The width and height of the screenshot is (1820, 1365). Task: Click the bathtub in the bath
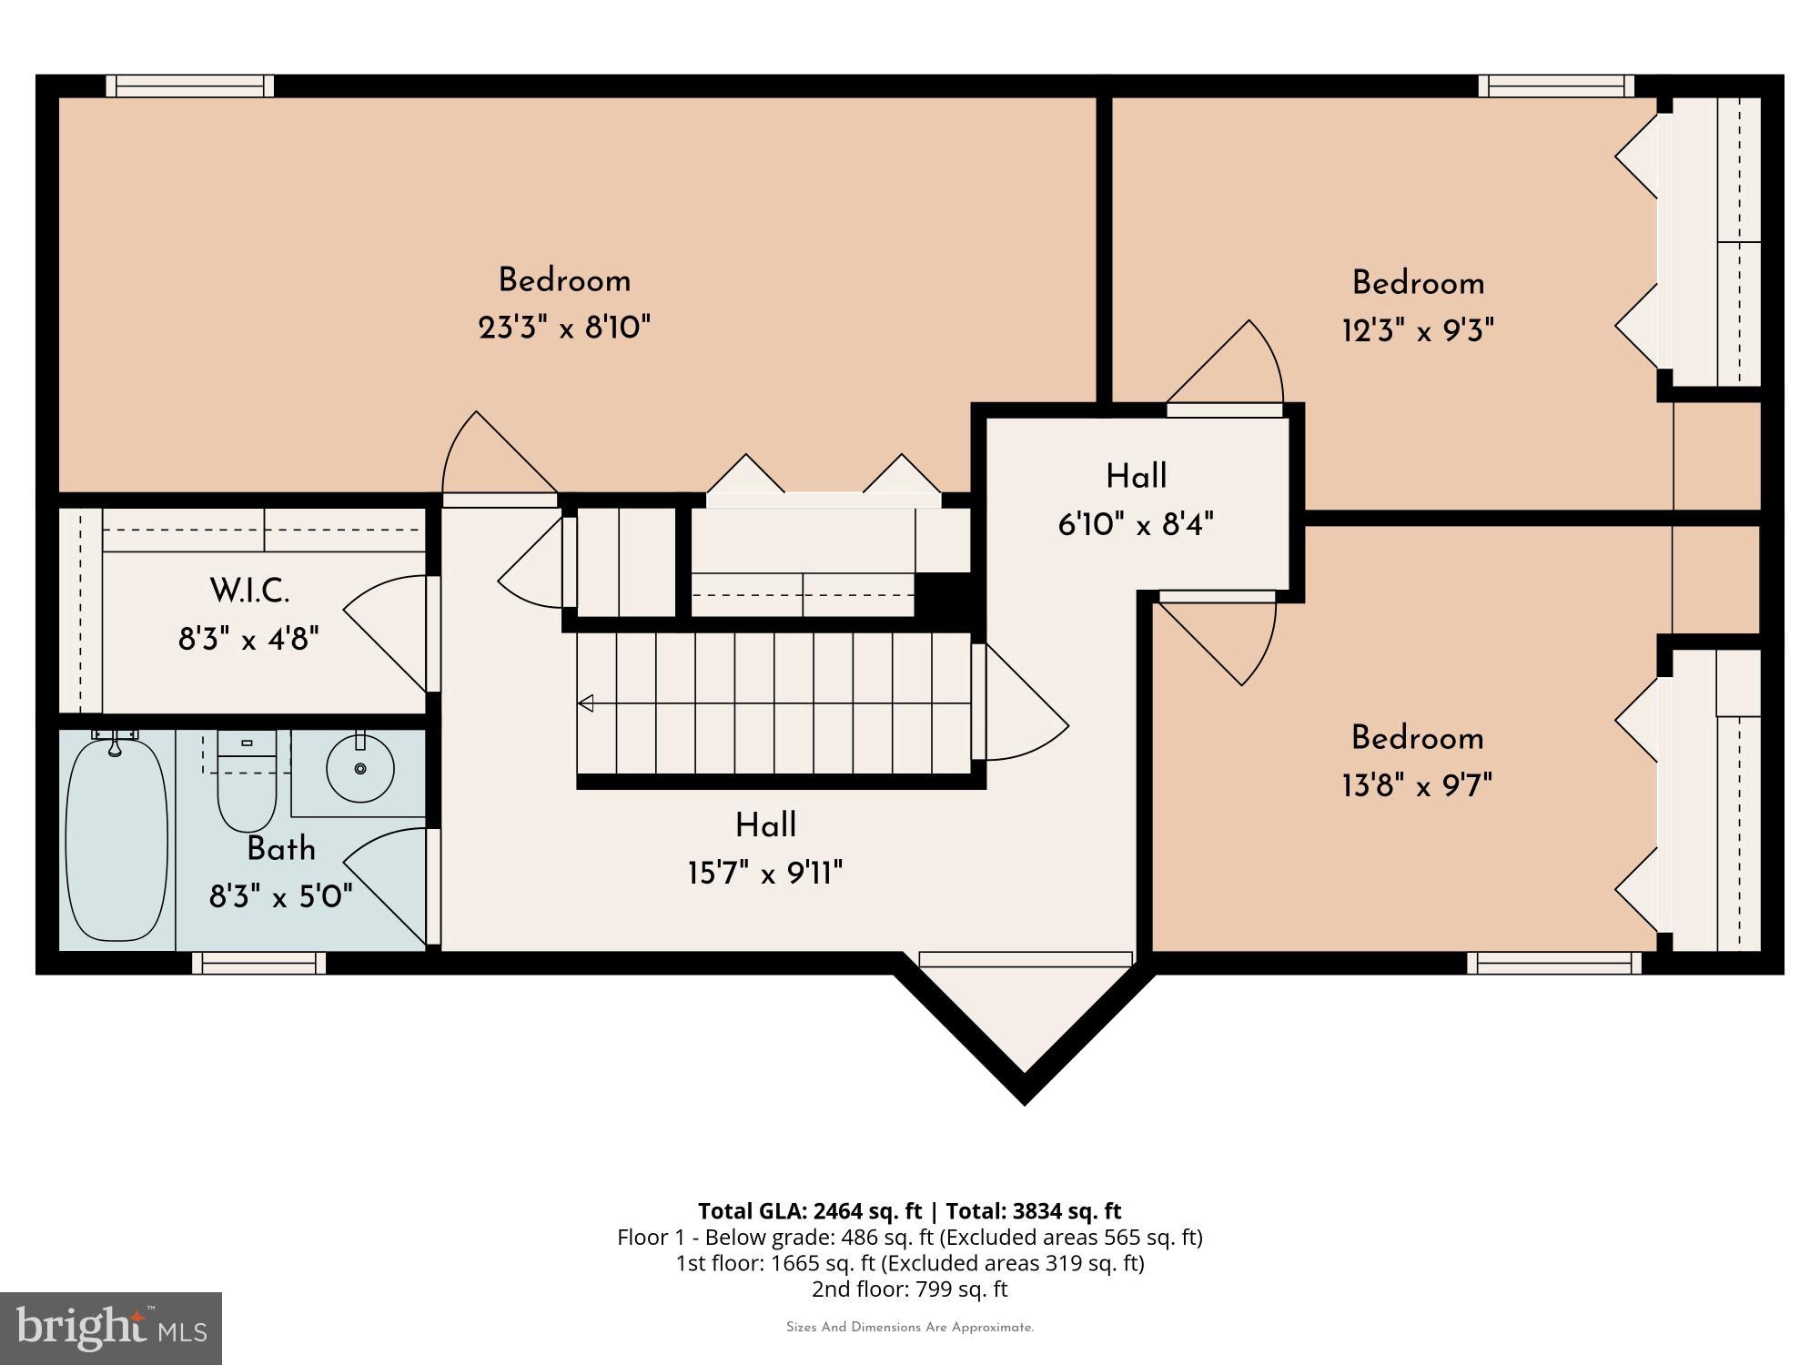(x=116, y=839)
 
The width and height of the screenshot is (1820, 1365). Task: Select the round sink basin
(x=360, y=769)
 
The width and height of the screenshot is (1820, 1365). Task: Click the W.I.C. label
(x=249, y=591)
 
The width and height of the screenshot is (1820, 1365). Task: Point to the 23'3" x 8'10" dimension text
(x=564, y=328)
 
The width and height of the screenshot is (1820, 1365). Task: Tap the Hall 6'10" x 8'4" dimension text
(x=1136, y=525)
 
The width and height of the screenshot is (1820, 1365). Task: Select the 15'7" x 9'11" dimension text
(x=765, y=875)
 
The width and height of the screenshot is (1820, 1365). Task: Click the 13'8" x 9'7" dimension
(x=1417, y=785)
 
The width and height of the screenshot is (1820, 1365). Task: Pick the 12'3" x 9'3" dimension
(x=1417, y=330)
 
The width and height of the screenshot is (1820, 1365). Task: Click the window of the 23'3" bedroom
(x=190, y=86)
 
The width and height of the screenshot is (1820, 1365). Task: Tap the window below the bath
(x=258, y=963)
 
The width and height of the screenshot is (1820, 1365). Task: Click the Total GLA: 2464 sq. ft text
(x=810, y=1211)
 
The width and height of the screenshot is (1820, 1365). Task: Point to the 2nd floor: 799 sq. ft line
(x=909, y=1289)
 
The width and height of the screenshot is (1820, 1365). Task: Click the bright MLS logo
(x=110, y=1328)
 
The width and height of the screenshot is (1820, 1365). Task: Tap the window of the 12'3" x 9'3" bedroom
(x=1556, y=86)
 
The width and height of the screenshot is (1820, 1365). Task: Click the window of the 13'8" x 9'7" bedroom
(x=1553, y=963)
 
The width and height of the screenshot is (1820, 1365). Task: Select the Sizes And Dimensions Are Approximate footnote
(x=909, y=1328)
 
